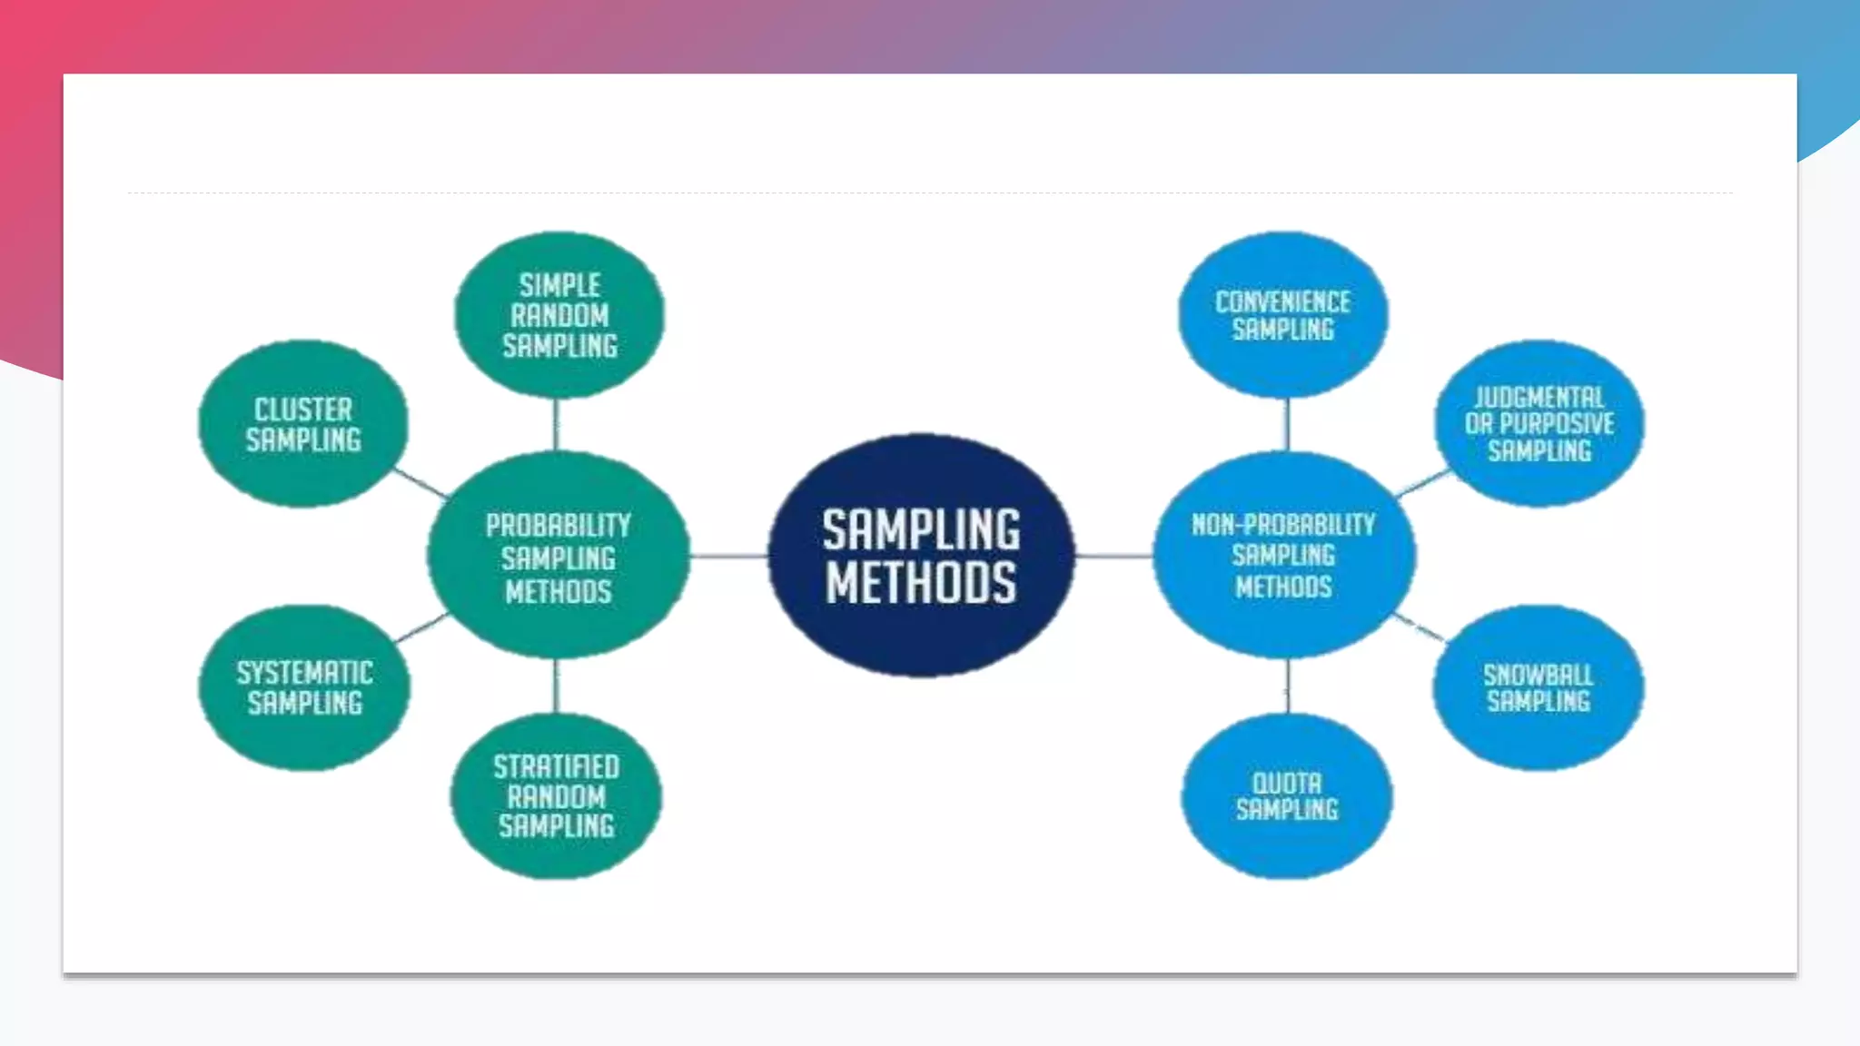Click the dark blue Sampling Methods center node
[x=921, y=556]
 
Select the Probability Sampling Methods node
[x=558, y=556]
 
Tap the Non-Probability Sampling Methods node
[x=1283, y=556]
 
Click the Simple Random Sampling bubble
[x=559, y=315]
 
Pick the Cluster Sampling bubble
[x=303, y=424]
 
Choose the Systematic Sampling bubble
[x=304, y=687]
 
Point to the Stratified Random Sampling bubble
[x=556, y=796]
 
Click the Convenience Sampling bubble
[x=1282, y=315]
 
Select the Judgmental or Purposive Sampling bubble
[x=1539, y=424]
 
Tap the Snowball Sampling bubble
[x=1538, y=687]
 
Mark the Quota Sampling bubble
[x=1287, y=796]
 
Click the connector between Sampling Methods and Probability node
[x=728, y=556]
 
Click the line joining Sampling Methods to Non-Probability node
[x=1114, y=556]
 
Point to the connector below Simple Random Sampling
[x=556, y=425]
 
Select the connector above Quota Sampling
[x=1288, y=687]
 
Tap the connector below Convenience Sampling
[x=1286, y=425]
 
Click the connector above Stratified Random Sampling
[x=556, y=686]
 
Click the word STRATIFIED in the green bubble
[x=557, y=767]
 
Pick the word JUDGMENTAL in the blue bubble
[x=1539, y=397]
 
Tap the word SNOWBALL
[x=1538, y=675]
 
